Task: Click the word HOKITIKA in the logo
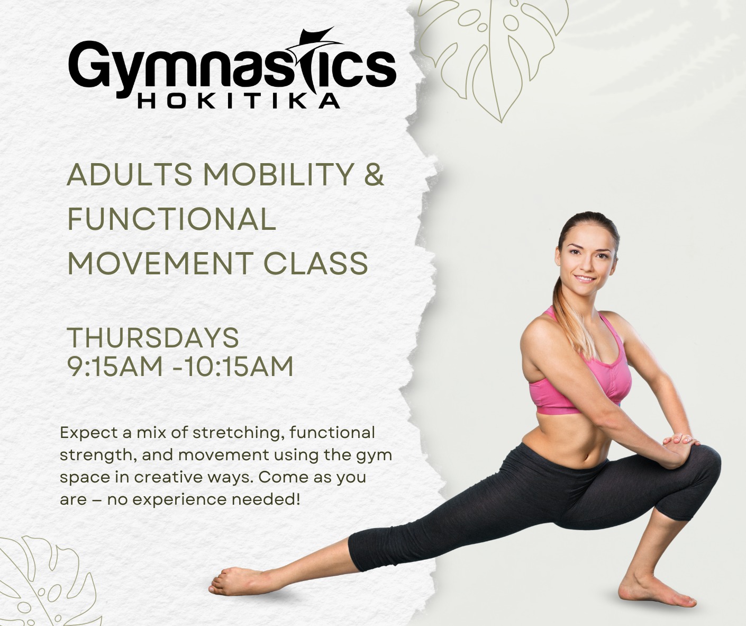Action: (239, 101)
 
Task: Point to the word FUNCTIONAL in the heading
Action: (171, 219)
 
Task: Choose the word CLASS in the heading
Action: (316, 263)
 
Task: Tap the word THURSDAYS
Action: (153, 337)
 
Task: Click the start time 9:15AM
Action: (115, 366)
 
